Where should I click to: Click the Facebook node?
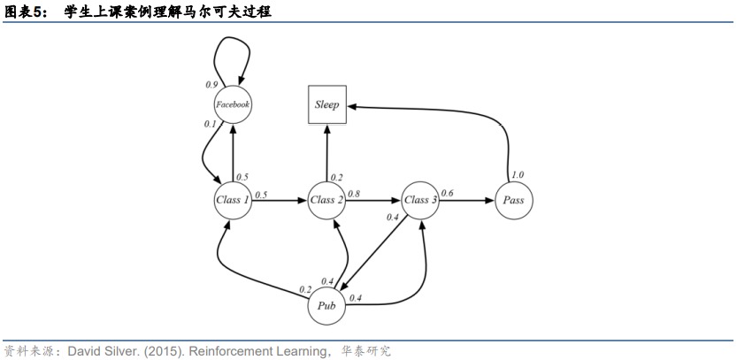[233, 104]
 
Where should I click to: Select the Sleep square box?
[326, 104]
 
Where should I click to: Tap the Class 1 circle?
[233, 200]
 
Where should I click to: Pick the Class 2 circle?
[326, 200]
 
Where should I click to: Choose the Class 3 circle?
[421, 200]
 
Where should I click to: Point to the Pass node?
[513, 200]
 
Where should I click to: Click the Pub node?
[326, 306]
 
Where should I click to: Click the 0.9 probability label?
[211, 85]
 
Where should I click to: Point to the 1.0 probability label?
[518, 175]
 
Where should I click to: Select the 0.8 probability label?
[354, 193]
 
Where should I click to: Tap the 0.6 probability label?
[448, 193]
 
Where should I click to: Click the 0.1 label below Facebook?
[210, 124]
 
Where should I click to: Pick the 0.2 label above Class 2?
[336, 178]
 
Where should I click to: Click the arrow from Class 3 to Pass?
[467, 201]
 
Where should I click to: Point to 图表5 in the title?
[25, 11]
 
